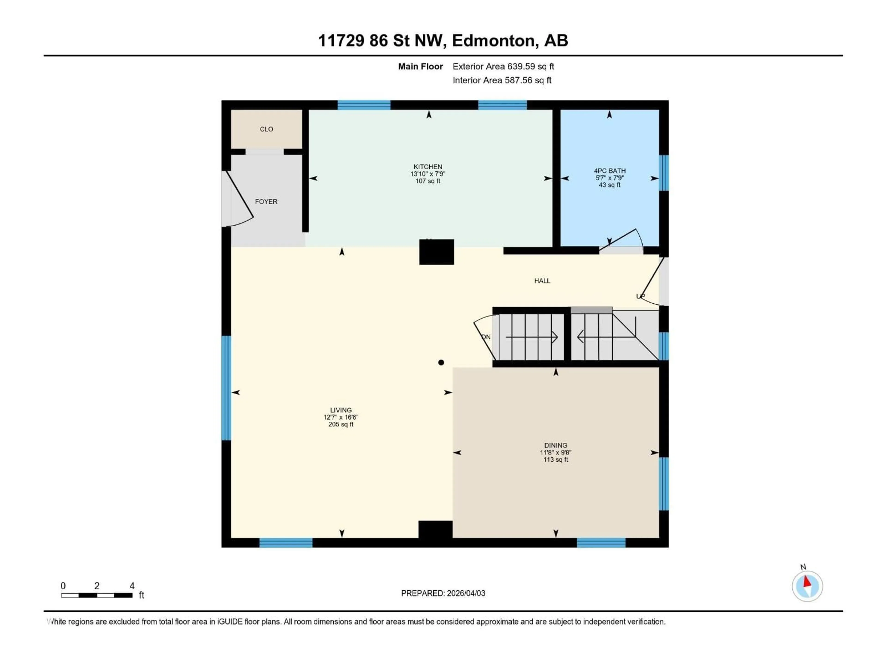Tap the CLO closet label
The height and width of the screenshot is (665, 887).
[266, 129]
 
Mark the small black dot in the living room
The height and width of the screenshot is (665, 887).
[441, 362]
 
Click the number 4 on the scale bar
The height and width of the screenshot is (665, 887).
[132, 586]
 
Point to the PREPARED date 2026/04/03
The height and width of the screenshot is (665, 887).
[443, 593]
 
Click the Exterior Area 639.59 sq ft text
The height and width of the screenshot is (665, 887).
[503, 66]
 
